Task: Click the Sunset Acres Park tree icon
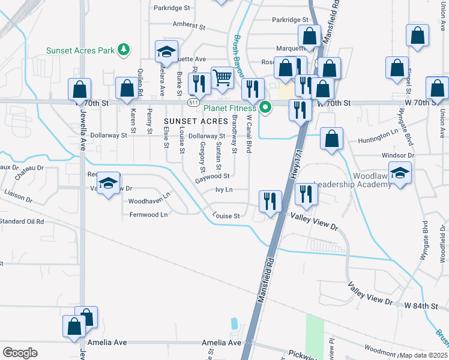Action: pos(124,49)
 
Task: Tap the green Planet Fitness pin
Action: pos(264,108)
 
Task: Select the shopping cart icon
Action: pos(222,77)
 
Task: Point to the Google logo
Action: pos(20,352)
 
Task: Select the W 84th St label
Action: pos(424,306)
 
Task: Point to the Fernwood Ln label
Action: pos(147,214)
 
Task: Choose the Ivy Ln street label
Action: pos(223,190)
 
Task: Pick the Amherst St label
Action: pos(188,27)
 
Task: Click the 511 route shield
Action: pos(193,103)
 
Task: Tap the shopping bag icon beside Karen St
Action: pos(127,89)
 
